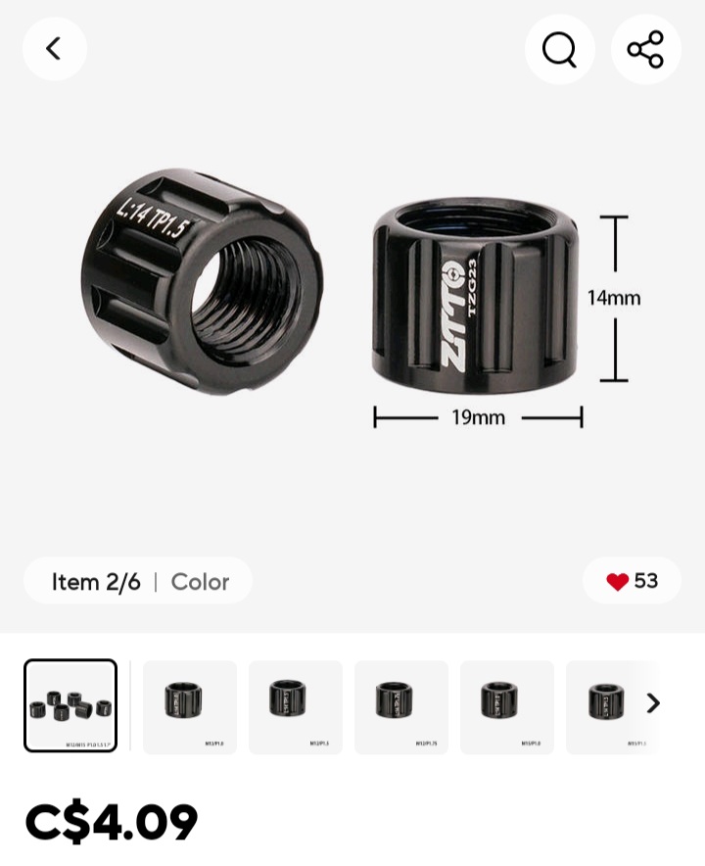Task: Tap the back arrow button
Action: click(x=54, y=49)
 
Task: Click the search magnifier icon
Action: click(x=559, y=49)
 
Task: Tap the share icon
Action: click(x=645, y=49)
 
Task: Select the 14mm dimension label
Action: click(x=614, y=298)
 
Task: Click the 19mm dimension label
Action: click(x=478, y=418)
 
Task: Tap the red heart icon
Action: click(x=617, y=582)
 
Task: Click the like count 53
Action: click(x=646, y=581)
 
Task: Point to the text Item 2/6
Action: click(x=96, y=582)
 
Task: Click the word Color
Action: click(x=200, y=582)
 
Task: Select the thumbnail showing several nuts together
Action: click(x=70, y=705)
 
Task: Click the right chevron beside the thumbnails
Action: click(x=653, y=703)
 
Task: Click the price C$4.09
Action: click(x=112, y=822)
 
